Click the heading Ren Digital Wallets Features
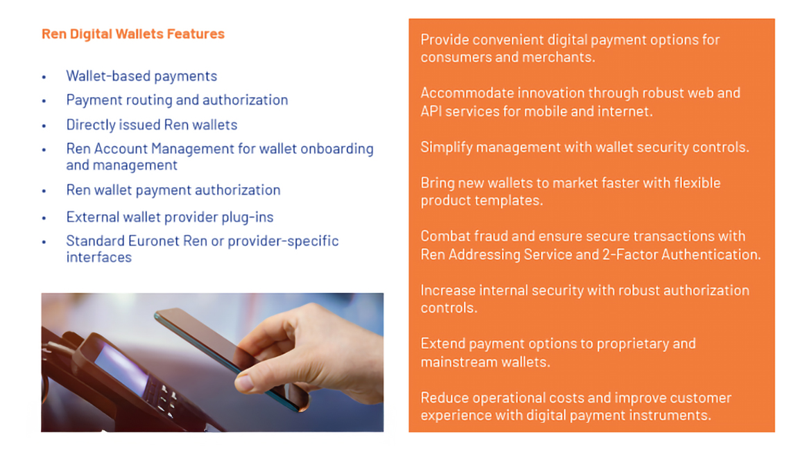point(133,34)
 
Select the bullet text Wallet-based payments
point(141,76)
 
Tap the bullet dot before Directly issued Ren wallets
point(44,125)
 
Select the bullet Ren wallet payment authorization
point(173,191)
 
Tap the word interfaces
point(99,258)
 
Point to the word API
point(431,112)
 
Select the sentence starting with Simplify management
point(585,148)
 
